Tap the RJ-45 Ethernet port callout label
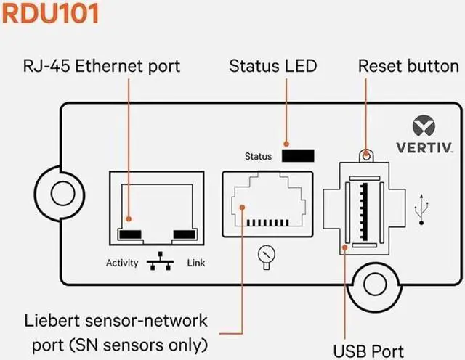click(x=102, y=66)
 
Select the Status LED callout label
click(x=272, y=66)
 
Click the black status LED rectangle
click(x=297, y=155)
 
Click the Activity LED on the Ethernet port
click(x=131, y=234)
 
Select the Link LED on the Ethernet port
click(x=184, y=234)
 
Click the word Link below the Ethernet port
click(x=197, y=263)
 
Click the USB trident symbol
click(x=419, y=210)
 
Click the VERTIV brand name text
click(x=425, y=148)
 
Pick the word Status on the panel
click(x=258, y=156)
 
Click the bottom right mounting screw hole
click(x=376, y=282)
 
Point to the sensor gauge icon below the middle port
click(x=266, y=254)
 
